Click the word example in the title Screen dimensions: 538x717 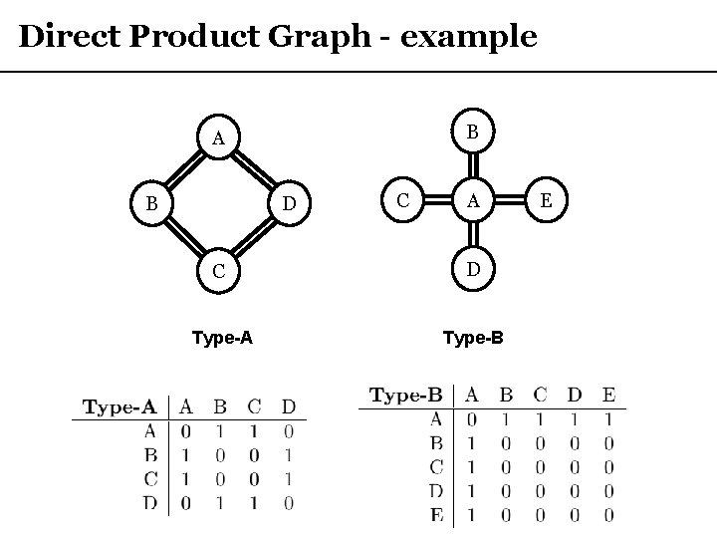click(470, 38)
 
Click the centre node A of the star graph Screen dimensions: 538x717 click(474, 200)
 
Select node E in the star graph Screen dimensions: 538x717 click(545, 200)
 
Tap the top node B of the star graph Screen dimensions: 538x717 click(474, 132)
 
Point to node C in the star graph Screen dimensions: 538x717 click(403, 200)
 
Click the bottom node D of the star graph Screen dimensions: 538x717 click(474, 269)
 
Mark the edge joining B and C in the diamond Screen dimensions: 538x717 click(185, 239)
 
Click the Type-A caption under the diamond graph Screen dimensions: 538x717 click(222, 338)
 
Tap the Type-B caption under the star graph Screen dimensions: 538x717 click(473, 338)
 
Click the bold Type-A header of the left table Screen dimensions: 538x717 click(119, 406)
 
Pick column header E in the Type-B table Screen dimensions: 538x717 click(608, 396)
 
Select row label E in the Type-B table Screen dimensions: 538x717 click(437, 515)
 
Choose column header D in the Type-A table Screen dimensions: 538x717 click(288, 406)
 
